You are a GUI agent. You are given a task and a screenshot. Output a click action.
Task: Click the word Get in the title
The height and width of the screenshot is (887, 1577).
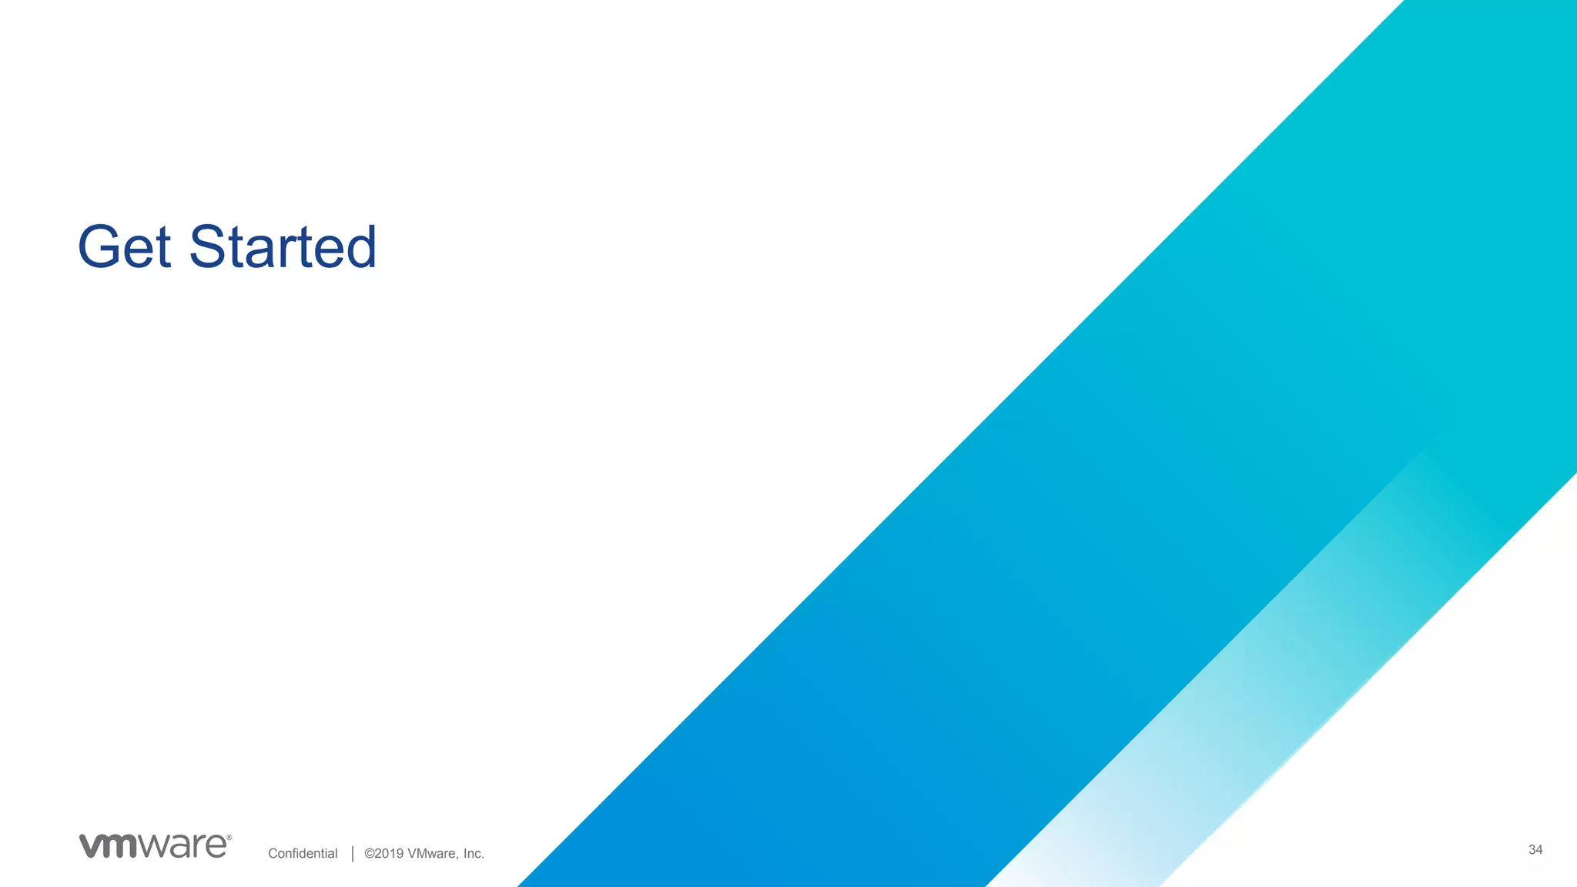point(124,247)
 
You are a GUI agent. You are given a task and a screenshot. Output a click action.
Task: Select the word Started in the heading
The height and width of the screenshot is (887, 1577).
point(283,247)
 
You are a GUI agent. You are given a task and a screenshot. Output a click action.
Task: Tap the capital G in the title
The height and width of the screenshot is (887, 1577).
point(102,247)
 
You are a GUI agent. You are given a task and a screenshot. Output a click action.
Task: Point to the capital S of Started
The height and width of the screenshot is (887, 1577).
point(208,247)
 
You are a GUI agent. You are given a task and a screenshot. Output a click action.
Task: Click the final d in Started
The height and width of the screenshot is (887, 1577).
point(359,247)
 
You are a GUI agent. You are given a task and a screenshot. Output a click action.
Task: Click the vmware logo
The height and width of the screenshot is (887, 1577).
point(154,845)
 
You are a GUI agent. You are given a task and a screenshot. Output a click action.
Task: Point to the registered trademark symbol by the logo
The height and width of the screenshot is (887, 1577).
point(229,838)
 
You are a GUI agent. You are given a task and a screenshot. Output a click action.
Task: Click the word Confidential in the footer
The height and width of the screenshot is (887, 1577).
point(303,853)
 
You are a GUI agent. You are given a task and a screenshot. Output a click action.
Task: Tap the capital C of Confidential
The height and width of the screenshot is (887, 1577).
point(273,853)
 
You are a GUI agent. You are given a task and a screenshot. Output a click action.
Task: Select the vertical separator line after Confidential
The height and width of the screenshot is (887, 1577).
point(353,853)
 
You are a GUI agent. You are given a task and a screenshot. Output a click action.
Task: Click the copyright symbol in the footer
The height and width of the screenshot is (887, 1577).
point(369,853)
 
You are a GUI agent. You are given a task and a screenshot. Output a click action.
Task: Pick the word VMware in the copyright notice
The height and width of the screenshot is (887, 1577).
point(432,853)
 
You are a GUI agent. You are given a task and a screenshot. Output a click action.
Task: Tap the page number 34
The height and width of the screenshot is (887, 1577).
point(1535,850)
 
